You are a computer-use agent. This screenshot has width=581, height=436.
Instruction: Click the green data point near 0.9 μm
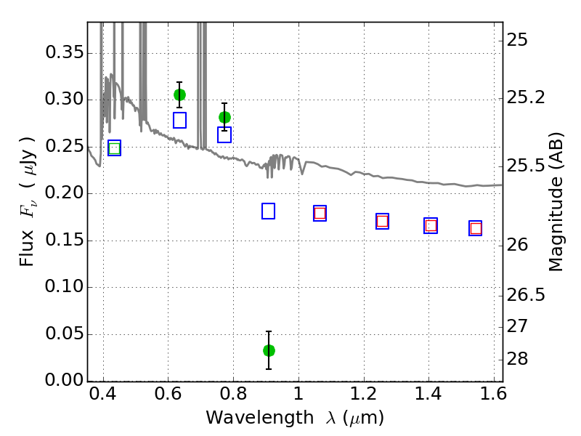point(269,350)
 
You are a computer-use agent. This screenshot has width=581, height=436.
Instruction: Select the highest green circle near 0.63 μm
point(179,95)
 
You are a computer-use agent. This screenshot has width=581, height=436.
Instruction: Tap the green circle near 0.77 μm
point(224,118)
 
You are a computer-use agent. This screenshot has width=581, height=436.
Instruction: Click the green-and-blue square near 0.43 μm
point(115,148)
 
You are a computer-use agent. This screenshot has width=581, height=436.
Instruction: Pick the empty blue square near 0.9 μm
point(268,211)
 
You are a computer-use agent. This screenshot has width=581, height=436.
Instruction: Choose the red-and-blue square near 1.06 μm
point(320,213)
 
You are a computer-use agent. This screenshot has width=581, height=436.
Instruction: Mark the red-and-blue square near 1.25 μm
point(383,222)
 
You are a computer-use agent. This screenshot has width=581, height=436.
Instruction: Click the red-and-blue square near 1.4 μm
point(431,225)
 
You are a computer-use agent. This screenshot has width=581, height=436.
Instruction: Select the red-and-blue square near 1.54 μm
point(476,228)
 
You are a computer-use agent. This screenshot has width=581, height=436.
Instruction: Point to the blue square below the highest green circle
point(179,120)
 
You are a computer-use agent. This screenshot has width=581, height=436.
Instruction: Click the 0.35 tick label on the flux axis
point(65,52)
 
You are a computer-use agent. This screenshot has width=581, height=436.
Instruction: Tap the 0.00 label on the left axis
point(65,380)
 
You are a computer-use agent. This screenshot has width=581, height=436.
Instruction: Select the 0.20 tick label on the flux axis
point(65,193)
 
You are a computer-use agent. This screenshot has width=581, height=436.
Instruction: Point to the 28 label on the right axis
point(517,359)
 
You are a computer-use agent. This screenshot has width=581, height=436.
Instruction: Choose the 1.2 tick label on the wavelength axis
point(364,394)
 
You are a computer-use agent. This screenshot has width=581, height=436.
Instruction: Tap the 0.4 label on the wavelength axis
point(103,394)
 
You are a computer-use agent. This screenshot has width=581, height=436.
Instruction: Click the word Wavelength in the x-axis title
point(260,418)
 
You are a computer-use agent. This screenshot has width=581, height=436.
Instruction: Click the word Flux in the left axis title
point(27,248)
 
